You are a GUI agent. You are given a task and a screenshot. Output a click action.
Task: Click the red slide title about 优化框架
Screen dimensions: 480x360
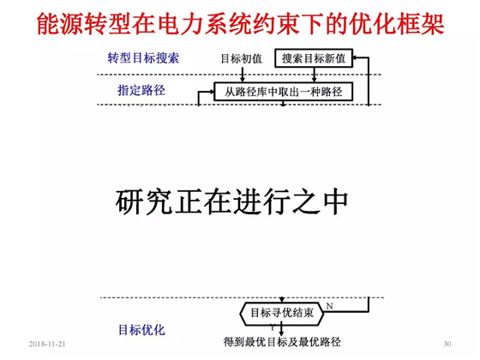pos(241,24)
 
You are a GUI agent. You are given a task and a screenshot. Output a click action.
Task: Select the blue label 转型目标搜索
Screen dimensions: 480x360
pos(143,58)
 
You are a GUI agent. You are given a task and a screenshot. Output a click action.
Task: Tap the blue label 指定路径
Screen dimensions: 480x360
pos(141,90)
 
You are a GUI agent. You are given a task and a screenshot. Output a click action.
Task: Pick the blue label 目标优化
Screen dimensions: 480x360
pos(141,330)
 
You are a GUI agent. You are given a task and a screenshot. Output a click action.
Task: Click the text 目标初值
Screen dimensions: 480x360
pos(242,58)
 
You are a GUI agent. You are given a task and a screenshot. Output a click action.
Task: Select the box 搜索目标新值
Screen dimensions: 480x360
pos(314,58)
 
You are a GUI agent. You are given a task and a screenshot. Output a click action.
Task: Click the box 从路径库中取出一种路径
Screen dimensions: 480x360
pos(283,91)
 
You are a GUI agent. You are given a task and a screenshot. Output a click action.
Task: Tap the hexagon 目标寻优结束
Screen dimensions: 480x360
pos(282,313)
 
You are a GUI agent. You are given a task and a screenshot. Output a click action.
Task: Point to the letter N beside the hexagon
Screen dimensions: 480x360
pos(330,306)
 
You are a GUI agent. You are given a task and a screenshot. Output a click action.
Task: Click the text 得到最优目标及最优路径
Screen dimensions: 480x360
pos(282,342)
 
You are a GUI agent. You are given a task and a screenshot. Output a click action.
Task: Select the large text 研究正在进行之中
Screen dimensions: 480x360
pos(231,202)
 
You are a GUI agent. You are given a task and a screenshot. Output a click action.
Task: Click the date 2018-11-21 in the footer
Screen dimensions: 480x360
pos(47,344)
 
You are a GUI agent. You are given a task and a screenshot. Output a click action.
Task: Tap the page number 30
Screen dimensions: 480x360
pos(447,344)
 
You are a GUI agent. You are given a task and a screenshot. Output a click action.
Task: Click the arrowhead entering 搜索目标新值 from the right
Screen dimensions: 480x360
pos(355,57)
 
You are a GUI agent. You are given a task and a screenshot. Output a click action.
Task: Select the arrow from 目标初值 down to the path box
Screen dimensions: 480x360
pos(243,74)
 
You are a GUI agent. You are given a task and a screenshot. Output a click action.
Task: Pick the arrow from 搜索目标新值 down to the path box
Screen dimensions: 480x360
pos(314,75)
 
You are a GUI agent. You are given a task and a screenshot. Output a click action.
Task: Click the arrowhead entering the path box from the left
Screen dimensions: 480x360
pos(211,91)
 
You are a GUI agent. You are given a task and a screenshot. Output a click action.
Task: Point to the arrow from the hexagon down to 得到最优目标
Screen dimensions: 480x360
pos(282,330)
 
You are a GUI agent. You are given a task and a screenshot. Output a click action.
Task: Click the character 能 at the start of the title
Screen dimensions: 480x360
pos(48,24)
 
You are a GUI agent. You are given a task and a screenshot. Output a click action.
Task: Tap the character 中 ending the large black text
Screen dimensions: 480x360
pos(335,202)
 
